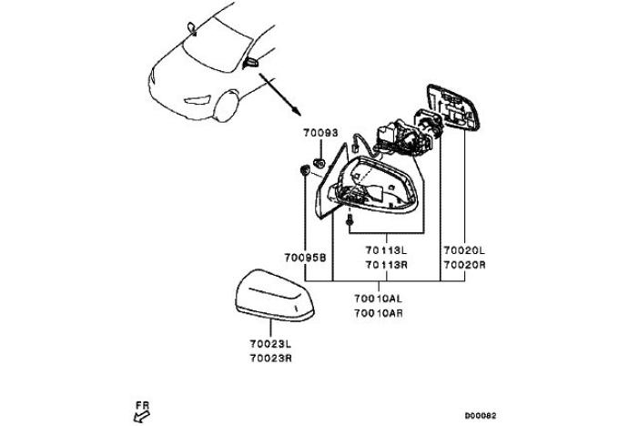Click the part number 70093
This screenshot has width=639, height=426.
click(x=320, y=133)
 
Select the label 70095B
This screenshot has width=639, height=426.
click(x=305, y=258)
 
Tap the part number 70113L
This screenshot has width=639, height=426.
click(x=386, y=250)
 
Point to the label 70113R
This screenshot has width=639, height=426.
click(x=386, y=265)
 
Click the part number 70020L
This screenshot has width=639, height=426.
click(x=464, y=250)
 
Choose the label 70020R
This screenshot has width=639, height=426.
click(x=464, y=265)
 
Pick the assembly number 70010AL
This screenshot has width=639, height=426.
click(x=378, y=299)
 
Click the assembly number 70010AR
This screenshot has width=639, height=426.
click(x=379, y=313)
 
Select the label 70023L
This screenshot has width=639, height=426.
click(x=270, y=344)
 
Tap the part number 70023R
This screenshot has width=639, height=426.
click(x=270, y=359)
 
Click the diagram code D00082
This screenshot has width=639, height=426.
click(x=481, y=416)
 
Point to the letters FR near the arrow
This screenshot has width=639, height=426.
click(x=143, y=406)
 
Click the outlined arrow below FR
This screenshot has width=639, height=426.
click(x=141, y=417)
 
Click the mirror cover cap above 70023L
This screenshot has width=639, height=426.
click(x=275, y=294)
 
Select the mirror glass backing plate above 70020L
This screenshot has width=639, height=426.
click(x=452, y=107)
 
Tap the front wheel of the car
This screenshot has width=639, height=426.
click(x=227, y=106)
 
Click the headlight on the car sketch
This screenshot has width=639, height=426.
click(x=198, y=100)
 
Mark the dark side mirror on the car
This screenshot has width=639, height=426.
click(x=250, y=63)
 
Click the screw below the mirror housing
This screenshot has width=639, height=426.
click(x=350, y=220)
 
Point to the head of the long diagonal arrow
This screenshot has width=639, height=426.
click(x=298, y=112)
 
